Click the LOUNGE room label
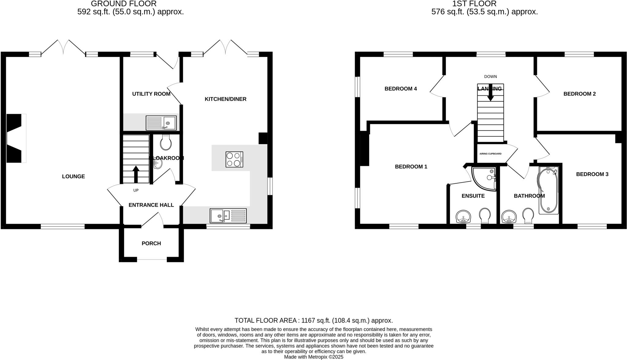pos(73,176)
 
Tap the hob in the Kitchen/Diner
pos(235,159)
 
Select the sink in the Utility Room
pos(161,123)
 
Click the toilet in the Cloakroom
pos(166,142)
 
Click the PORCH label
pos(151,243)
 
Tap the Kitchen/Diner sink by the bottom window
pos(228,216)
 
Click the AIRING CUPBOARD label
pos(490,154)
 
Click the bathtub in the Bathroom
pos(548,190)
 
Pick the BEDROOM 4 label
pos(400,89)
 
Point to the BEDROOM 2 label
pos(579,94)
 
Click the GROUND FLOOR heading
pos(124,4)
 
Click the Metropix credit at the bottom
pos(313,357)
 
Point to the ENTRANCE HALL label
pos(151,205)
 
